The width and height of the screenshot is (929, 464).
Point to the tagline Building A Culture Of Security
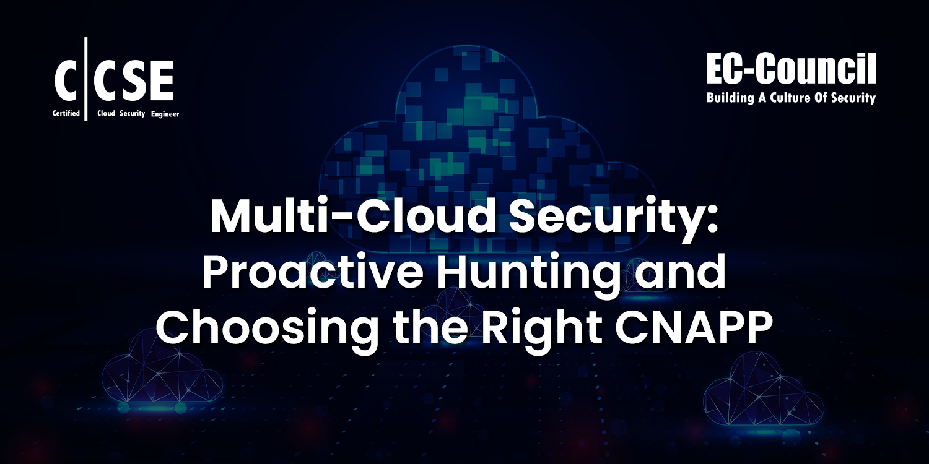(791, 98)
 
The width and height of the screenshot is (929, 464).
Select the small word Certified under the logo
(67, 114)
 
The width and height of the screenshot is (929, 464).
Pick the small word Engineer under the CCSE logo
(164, 114)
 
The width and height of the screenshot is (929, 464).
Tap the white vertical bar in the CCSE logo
(86, 79)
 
